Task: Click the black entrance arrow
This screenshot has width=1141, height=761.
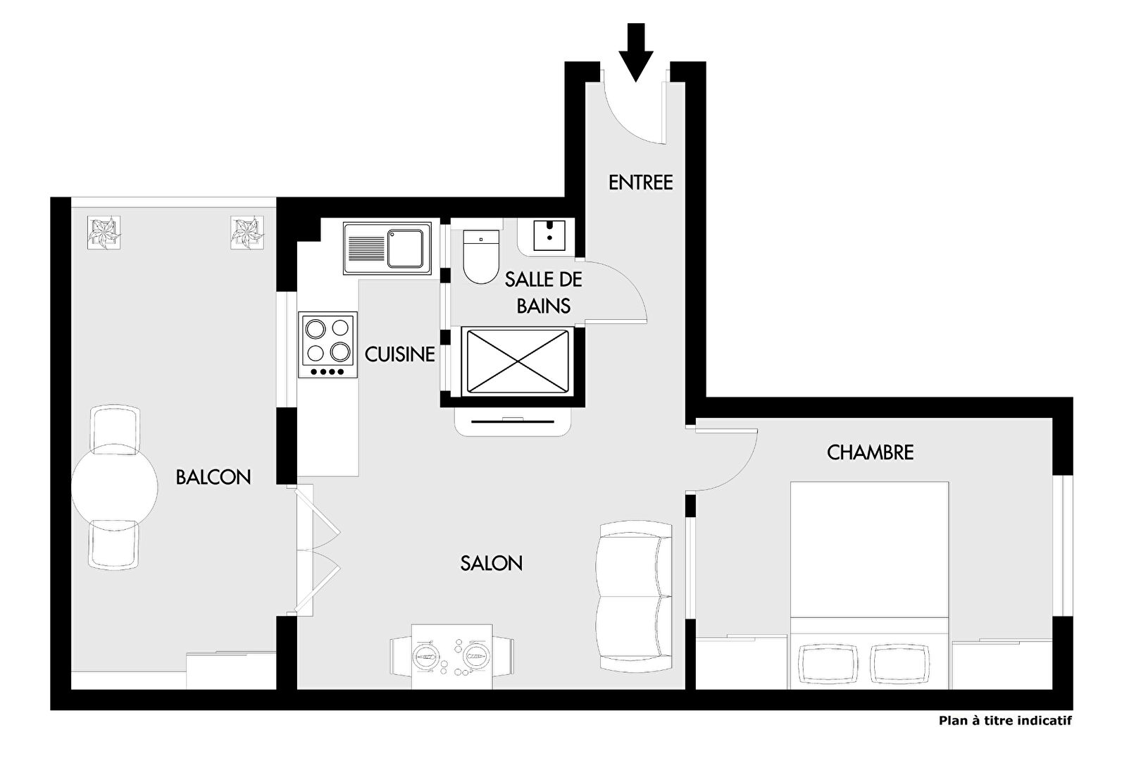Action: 636,52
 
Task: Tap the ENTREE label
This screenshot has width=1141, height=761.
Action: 641,182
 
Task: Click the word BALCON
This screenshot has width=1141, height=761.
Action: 213,477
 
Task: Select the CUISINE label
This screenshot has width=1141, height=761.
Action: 400,354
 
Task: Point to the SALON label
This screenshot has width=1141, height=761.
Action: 492,563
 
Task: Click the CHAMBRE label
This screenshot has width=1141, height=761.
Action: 870,452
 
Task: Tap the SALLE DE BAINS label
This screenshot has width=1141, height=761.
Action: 544,292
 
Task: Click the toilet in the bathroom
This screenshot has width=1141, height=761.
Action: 481,256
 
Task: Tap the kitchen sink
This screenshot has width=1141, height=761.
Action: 387,248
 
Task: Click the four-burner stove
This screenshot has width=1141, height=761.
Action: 328,345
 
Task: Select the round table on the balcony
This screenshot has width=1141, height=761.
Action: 115,488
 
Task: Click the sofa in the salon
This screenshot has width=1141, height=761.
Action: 635,596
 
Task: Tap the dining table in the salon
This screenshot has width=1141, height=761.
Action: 451,657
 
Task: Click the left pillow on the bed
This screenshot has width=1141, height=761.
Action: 828,664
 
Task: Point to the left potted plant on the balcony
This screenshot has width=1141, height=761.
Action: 104,233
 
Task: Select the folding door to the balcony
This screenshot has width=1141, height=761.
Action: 313,550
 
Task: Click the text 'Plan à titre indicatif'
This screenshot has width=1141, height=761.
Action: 1005,721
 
